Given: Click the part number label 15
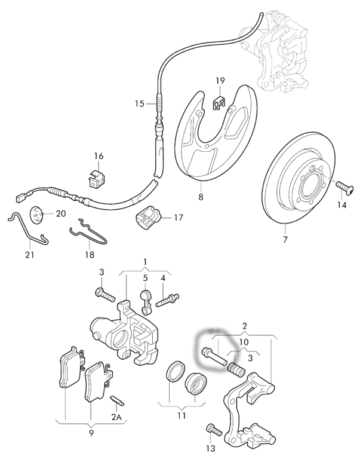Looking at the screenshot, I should click(x=139, y=103).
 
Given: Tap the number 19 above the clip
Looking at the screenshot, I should click(x=220, y=81).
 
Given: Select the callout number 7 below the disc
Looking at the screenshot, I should click(x=285, y=240).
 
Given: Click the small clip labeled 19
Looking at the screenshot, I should click(x=220, y=101).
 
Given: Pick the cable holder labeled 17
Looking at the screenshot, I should click(x=149, y=218).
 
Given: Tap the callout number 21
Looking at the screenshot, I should click(x=30, y=255).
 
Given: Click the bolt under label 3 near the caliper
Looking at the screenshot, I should click(x=105, y=293).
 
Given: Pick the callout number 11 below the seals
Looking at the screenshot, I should click(x=181, y=415).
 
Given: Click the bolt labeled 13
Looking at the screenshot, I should click(x=213, y=429).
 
